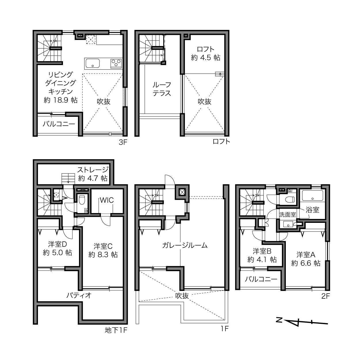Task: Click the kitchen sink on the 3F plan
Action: [92, 63]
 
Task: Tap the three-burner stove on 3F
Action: [116, 63]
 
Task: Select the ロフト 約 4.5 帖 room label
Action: [206, 53]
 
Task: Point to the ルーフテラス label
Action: [162, 89]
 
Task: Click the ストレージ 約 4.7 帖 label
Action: [93, 174]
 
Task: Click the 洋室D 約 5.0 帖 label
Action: [57, 248]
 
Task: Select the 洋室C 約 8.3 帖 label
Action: [103, 250]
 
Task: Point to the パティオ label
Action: [79, 295]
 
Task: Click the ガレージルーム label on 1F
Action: [185, 245]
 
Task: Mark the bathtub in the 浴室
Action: [312, 196]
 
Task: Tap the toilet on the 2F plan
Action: [290, 200]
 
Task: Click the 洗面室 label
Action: [288, 215]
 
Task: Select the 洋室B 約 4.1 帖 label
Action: [262, 255]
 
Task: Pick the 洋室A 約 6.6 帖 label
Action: [306, 259]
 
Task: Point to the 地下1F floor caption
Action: [116, 330]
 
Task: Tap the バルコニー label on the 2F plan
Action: [261, 279]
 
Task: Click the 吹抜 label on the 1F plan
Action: [182, 296]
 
